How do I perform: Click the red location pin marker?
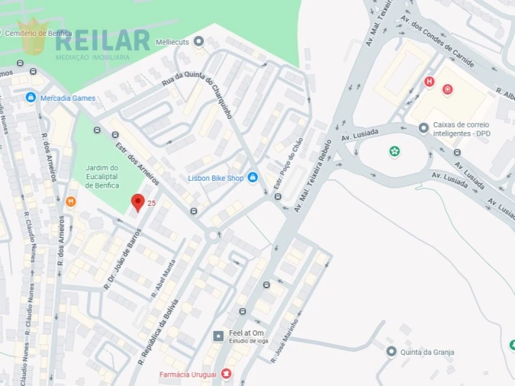138,203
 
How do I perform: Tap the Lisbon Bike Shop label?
215,179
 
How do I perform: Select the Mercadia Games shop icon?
31,98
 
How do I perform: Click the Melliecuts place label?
172,42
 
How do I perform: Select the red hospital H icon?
430,81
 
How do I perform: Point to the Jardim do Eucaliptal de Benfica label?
101,176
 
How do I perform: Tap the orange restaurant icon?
70,201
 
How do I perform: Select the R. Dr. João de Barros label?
122,259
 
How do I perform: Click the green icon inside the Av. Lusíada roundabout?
394,151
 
